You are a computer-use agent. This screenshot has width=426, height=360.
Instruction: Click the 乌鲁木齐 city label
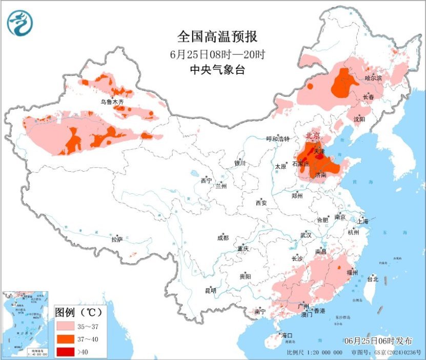112,102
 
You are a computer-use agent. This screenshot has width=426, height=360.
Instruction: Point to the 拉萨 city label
117,239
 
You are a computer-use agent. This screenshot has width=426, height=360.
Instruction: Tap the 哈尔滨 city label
374,78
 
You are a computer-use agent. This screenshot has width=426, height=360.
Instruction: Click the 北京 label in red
313,135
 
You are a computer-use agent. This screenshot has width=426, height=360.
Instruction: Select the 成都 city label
222,238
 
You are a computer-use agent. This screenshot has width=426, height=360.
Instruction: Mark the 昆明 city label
210,290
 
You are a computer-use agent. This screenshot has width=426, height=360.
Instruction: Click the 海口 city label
287,335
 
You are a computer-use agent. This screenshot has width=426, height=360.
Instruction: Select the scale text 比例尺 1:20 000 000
314,353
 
